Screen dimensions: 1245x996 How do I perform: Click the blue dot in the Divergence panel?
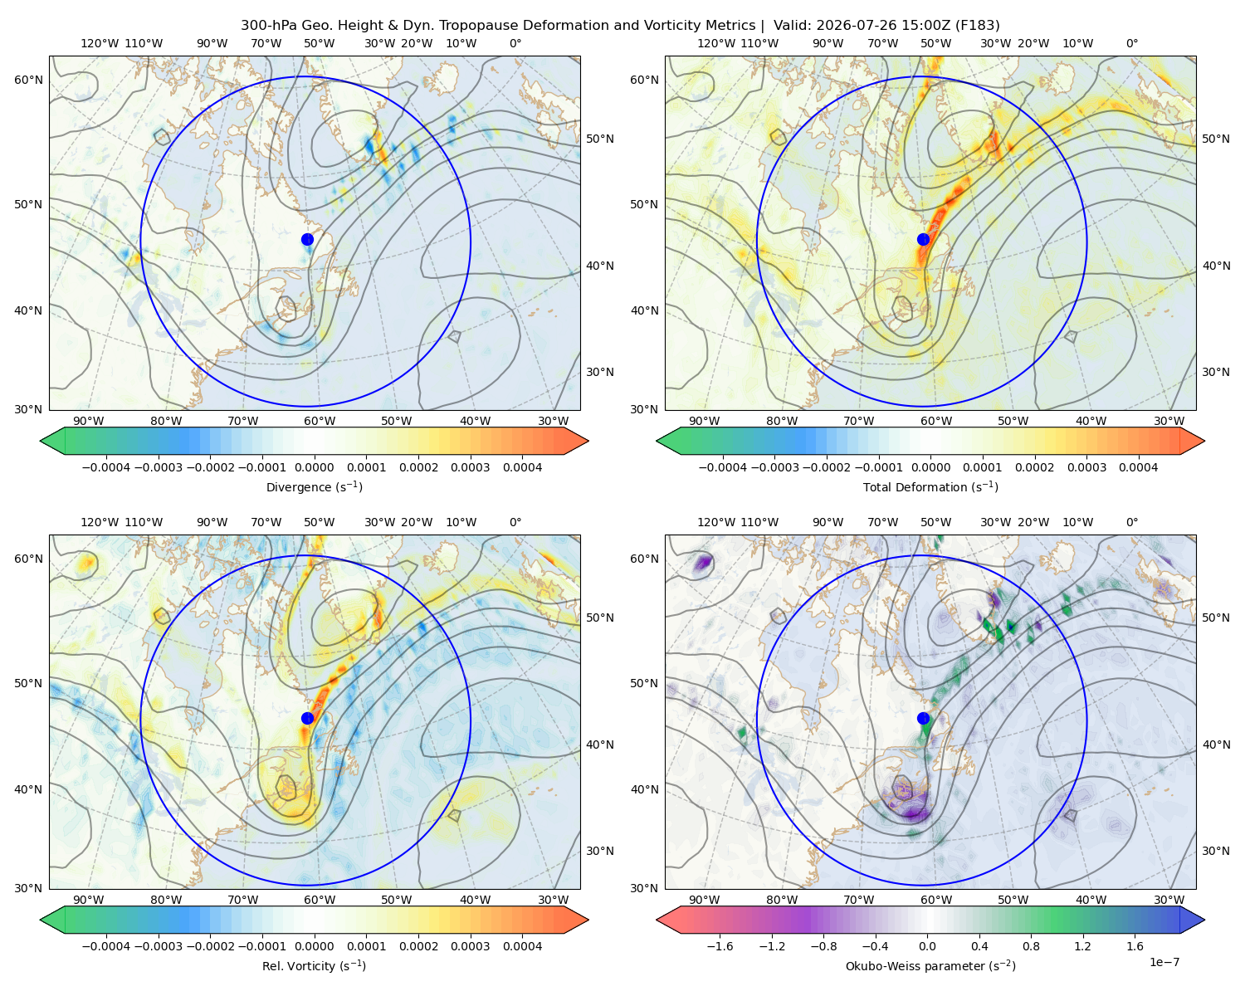(x=307, y=240)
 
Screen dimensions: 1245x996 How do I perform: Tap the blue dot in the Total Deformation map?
(x=923, y=240)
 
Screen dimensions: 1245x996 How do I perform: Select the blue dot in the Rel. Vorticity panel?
(x=307, y=718)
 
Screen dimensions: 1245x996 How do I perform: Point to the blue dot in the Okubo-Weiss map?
(x=923, y=718)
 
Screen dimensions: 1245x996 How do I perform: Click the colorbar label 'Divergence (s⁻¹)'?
(x=314, y=487)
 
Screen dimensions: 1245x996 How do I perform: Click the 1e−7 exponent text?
(x=1164, y=962)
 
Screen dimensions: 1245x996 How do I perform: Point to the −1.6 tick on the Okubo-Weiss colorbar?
(x=720, y=946)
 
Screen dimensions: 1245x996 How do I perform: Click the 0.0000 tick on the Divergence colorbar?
(x=314, y=467)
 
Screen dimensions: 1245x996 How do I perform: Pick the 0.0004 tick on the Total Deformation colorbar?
(x=1138, y=467)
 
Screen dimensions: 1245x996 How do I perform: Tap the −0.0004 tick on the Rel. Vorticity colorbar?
(x=106, y=946)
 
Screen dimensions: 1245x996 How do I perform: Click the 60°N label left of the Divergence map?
(x=28, y=80)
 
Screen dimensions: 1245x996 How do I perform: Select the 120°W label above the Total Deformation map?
(x=715, y=43)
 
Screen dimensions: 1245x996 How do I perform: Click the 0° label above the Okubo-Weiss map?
(x=1131, y=522)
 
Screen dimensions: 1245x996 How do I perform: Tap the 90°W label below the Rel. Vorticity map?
(x=89, y=900)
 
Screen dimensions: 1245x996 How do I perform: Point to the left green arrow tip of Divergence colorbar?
(x=41, y=441)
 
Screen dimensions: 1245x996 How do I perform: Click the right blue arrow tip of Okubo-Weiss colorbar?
(x=1204, y=920)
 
